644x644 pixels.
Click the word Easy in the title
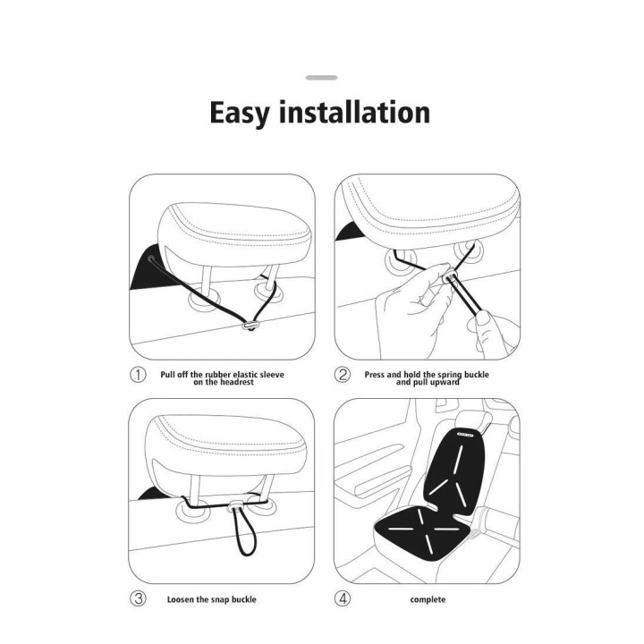[x=241, y=113]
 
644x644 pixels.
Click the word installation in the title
[x=354, y=111]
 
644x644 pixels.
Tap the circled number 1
[x=138, y=375]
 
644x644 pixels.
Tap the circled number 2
[x=342, y=375]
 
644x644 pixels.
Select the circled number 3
[x=138, y=598]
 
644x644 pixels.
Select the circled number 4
[x=342, y=598]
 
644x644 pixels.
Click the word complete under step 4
[x=428, y=599]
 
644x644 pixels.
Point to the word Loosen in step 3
[x=180, y=599]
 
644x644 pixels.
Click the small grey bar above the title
[x=322, y=78]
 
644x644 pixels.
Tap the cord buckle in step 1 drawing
[x=250, y=326]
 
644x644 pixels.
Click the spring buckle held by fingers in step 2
[x=449, y=276]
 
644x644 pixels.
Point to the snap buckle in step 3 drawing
[x=236, y=505]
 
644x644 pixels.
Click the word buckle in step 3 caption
[x=243, y=599]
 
